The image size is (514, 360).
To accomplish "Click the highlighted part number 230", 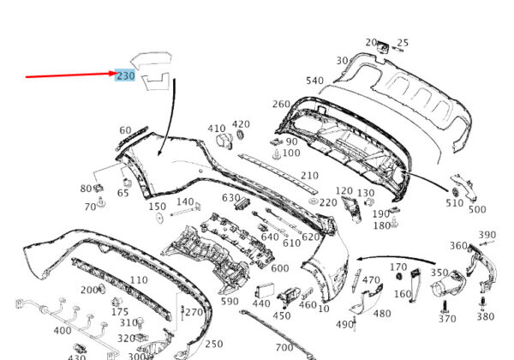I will point(126,75).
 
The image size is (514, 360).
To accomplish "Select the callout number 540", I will point(315,81).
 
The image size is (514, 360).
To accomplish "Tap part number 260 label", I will point(281,105).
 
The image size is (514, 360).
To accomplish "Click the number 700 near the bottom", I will point(285,348).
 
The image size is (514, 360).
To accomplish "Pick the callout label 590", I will point(230,301).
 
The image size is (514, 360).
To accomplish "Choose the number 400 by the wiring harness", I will point(63,330).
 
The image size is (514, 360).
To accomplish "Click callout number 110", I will point(139,281).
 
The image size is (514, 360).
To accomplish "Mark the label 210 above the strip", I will point(308,176).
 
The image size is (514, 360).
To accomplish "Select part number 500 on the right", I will point(476,209).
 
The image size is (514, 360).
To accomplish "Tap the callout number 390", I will point(487,235).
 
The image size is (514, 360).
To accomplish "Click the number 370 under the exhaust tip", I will point(447,319).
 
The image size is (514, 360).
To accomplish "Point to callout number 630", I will point(231,199).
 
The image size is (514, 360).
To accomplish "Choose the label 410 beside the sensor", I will point(217,129).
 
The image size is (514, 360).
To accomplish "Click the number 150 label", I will point(157,207).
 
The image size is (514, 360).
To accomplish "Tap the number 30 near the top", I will point(342,61).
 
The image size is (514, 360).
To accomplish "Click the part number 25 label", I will point(403,43).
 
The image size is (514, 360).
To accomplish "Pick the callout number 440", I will point(261,303).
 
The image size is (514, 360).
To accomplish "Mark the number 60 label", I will point(125,130).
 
